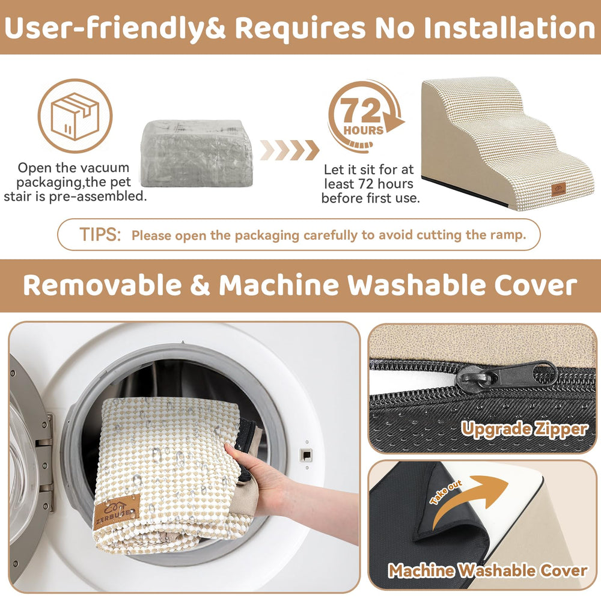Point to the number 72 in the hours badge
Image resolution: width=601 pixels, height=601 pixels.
click(362, 110)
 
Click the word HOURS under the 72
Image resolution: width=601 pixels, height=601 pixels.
click(364, 130)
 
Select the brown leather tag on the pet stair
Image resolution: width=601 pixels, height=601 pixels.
click(560, 190)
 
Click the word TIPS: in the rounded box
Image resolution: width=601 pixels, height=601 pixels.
click(100, 234)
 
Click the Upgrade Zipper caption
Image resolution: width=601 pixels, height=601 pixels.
click(524, 429)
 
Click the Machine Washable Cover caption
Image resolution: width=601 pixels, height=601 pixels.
click(487, 570)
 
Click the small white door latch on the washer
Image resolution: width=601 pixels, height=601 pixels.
click(305, 454)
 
